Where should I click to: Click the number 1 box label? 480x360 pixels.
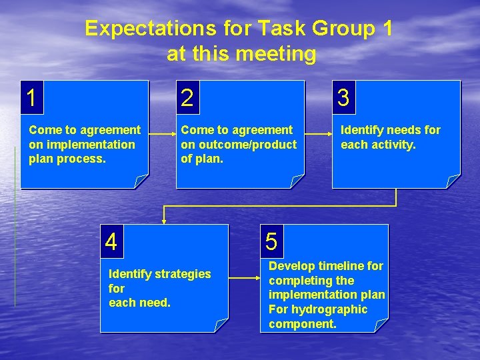click(x=31, y=98)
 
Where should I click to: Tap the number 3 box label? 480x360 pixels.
click(x=343, y=98)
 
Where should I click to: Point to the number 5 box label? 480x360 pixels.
click(x=271, y=241)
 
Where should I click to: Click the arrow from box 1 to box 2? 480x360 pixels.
click(x=162, y=135)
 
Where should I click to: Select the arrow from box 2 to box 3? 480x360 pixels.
click(x=319, y=135)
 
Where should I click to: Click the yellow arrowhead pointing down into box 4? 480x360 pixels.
click(x=164, y=219)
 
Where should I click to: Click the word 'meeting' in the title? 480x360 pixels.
click(x=280, y=54)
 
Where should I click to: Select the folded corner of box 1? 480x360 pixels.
click(x=141, y=181)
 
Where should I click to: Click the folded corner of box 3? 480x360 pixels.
click(x=453, y=181)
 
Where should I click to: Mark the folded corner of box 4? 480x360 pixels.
click(x=221, y=325)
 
